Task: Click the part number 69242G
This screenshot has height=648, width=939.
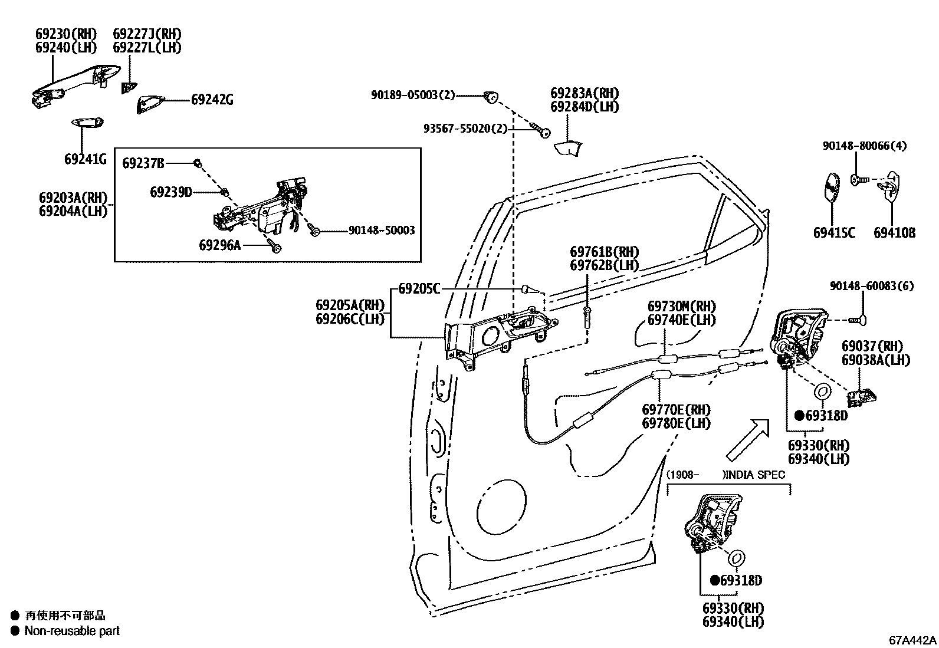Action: tap(212, 100)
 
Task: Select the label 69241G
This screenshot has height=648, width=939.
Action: tap(86, 159)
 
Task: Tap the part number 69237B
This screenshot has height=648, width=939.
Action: tap(143, 163)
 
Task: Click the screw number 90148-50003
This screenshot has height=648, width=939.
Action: tap(381, 230)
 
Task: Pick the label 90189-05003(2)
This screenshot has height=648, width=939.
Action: tap(413, 94)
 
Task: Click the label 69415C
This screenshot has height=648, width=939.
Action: tap(834, 233)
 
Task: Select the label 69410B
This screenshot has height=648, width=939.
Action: tap(894, 233)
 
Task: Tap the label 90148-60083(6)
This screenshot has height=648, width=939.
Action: tap(872, 286)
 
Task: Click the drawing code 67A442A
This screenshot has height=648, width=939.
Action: tap(913, 640)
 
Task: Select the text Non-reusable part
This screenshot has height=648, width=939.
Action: tap(72, 631)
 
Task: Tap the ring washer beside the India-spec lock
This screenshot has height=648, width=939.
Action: tap(737, 557)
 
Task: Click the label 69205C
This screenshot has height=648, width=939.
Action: tap(419, 289)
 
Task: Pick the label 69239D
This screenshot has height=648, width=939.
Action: tap(170, 192)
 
